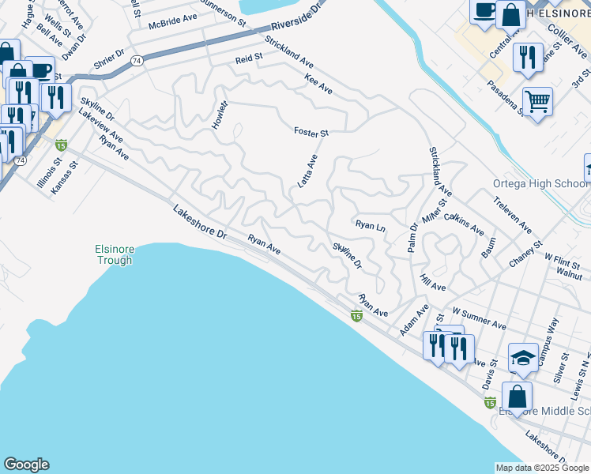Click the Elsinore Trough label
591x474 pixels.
(x=111, y=254)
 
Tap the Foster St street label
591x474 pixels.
(x=311, y=131)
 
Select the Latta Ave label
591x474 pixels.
(x=307, y=171)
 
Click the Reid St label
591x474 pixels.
(x=248, y=59)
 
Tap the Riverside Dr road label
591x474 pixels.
(x=297, y=15)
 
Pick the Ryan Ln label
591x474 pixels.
(x=369, y=226)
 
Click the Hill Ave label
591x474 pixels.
(x=433, y=281)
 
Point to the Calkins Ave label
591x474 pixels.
(x=464, y=224)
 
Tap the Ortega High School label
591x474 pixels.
(x=541, y=184)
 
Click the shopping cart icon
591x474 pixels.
(x=537, y=101)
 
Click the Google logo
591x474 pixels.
(x=26, y=465)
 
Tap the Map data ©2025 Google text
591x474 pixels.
(x=542, y=468)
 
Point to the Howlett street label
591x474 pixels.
(x=220, y=116)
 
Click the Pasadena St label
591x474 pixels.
(x=506, y=98)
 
